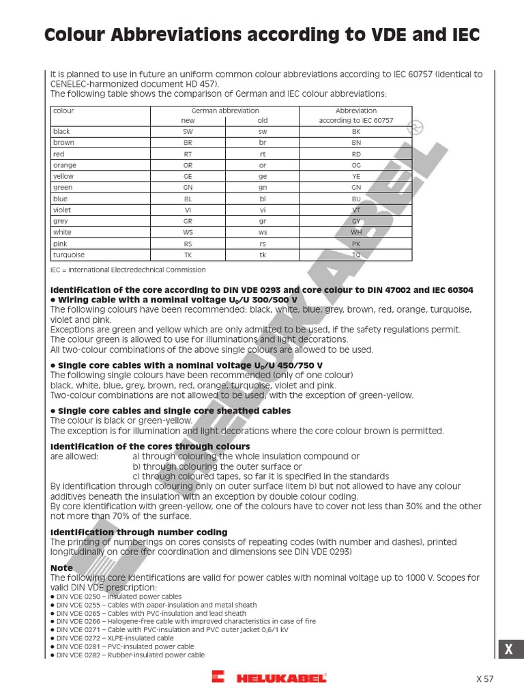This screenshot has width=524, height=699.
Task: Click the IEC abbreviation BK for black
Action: pos(355,131)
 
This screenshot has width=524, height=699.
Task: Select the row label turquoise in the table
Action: pos(69,255)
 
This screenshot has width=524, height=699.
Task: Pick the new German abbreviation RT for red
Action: pos(188,154)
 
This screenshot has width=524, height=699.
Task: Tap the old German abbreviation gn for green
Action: pos(262,187)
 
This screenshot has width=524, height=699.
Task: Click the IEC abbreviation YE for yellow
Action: pos(355,176)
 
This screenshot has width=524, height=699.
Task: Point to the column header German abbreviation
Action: pos(225,110)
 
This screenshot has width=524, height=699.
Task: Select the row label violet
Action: pos(62,210)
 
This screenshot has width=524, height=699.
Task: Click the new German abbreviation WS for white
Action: pos(188,232)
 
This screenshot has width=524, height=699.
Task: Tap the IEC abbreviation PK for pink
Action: pos(355,244)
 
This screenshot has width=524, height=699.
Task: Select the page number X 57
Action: pos(484,679)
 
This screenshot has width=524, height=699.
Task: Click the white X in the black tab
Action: pos(508,651)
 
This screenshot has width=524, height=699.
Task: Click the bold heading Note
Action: pos(61,567)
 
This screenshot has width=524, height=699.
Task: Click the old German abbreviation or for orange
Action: pos(262,165)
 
